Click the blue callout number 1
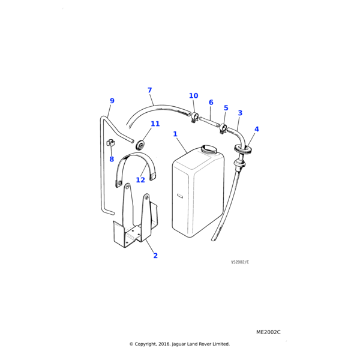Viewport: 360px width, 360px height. (x=175, y=134)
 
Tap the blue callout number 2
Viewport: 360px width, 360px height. (x=155, y=256)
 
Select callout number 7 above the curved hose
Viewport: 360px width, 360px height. (x=149, y=90)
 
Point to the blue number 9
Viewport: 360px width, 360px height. (x=112, y=101)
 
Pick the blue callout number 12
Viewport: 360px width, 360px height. (x=140, y=180)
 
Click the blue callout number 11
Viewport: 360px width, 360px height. (x=155, y=124)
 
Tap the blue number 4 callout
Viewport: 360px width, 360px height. (x=257, y=129)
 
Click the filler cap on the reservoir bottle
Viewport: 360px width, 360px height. (x=209, y=149)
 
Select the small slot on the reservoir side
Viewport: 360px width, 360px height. (x=180, y=196)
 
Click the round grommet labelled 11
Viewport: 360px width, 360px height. (x=140, y=145)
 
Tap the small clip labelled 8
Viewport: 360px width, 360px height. (x=110, y=143)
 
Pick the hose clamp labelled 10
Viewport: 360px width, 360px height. (x=194, y=117)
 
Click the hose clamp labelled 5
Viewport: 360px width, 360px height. (x=223, y=128)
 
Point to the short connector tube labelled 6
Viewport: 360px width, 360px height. (x=209, y=122)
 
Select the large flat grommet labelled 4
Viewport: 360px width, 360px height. (x=243, y=149)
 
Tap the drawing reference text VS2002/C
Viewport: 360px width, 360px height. (x=240, y=262)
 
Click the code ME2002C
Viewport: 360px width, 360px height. (x=268, y=332)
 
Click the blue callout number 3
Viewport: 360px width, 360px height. (x=240, y=113)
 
